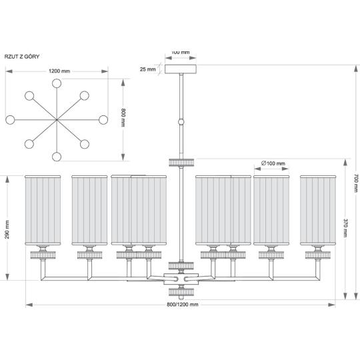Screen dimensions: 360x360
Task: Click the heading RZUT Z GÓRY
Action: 22,57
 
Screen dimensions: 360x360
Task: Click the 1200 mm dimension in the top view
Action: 59,71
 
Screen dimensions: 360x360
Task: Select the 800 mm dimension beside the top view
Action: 123,117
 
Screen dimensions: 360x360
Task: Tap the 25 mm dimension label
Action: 147,69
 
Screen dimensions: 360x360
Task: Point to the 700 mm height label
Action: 355,183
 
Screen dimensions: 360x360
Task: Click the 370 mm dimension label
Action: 345,228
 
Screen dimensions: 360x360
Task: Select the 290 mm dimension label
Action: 7,229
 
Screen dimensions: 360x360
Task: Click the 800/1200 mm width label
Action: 183,305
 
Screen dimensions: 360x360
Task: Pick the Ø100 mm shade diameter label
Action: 273,163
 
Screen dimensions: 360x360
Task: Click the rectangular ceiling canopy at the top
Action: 181,69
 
